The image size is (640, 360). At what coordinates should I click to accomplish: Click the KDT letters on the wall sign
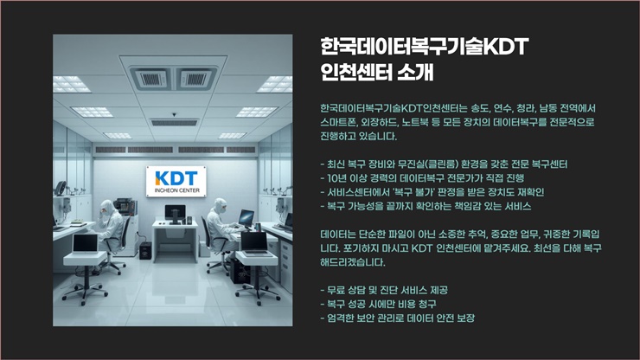coord(176,178)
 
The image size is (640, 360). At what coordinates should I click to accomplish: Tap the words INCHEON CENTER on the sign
coord(176,190)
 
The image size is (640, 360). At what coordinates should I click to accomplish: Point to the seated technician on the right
coord(221,225)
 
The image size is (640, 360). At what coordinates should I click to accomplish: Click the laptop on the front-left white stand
coord(86,244)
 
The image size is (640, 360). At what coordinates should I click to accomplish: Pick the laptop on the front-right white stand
coord(254,243)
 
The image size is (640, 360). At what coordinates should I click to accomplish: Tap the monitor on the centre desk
coord(175,213)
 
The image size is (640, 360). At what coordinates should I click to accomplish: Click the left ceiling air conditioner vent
coord(150,79)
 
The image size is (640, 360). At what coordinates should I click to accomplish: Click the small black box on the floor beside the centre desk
coord(145,250)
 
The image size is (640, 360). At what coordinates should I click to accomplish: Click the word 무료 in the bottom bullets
coord(336,290)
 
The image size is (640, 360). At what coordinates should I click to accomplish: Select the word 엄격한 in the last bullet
coord(341,318)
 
